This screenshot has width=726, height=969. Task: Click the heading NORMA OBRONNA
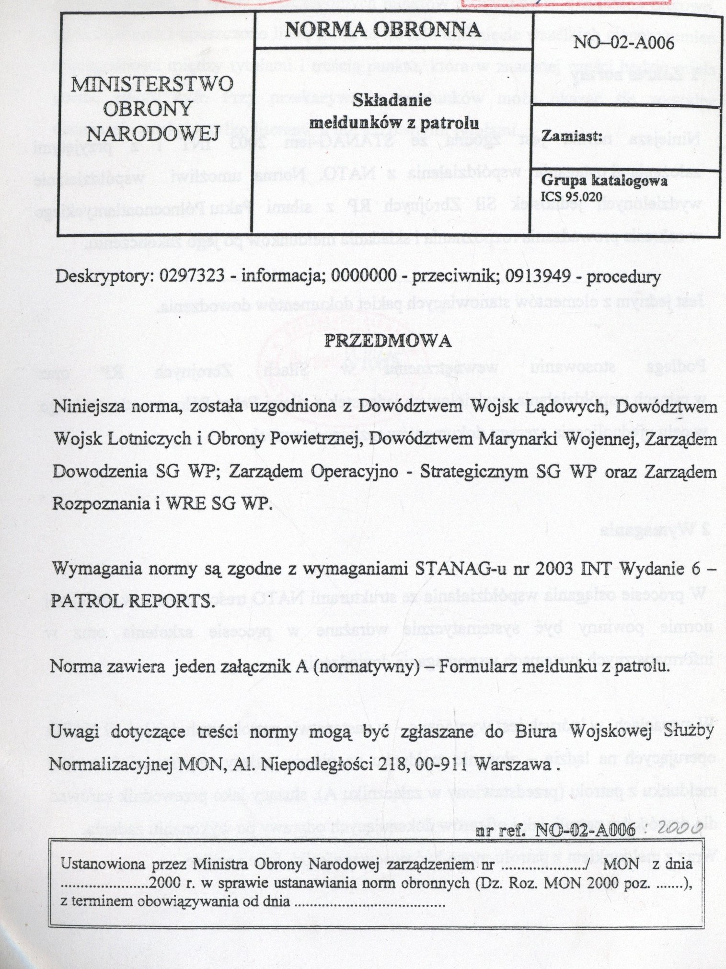click(x=382, y=30)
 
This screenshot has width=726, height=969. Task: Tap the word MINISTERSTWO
click(x=151, y=85)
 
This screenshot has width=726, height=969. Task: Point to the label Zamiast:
click(x=572, y=136)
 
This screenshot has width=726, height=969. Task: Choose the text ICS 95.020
click(x=571, y=196)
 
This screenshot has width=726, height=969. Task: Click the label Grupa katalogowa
click(x=604, y=182)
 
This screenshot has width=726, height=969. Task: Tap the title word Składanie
click(x=392, y=101)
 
